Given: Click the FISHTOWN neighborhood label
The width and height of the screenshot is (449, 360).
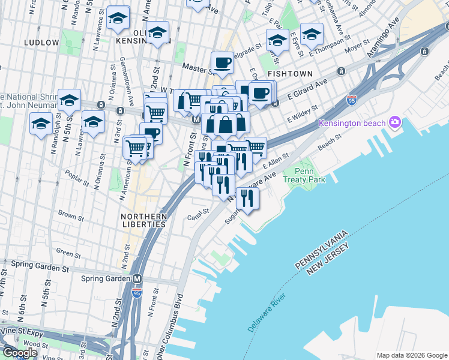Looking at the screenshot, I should click(291, 73).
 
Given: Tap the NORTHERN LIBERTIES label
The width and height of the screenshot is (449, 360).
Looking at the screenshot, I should click(143, 220).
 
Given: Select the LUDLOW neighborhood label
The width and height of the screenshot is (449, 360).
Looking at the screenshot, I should click(41, 43).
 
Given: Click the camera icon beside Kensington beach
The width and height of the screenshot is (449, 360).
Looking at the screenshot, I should click(394, 122).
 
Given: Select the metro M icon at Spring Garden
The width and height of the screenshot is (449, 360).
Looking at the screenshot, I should click(137, 279).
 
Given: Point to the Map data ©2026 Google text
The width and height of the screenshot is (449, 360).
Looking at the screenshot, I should click(412, 355).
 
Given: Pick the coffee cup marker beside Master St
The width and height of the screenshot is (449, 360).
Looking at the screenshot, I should click(222, 62).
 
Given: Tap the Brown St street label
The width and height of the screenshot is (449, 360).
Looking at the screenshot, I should click(71, 214).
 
